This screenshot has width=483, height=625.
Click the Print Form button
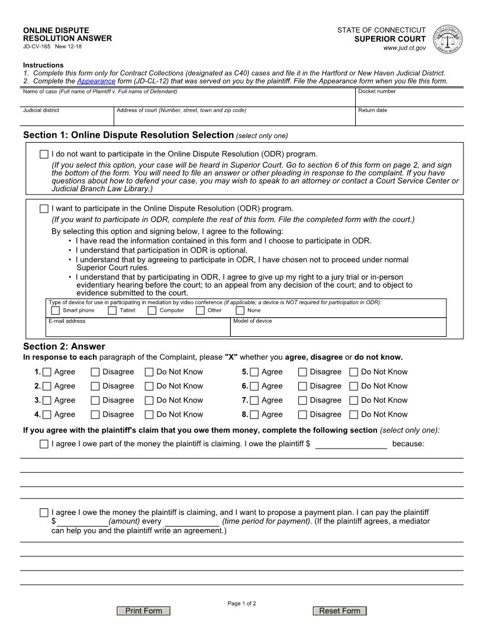[144, 611]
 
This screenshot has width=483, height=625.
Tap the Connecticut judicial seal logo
[448, 40]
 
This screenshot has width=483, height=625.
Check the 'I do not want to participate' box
[44, 154]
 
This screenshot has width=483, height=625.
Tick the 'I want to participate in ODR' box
[44, 208]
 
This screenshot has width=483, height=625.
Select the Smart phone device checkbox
[55, 310]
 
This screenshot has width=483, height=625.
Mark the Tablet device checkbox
[112, 310]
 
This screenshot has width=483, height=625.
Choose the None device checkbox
[240, 310]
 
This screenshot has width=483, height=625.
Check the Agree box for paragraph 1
[47, 372]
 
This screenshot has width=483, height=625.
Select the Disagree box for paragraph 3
[95, 401]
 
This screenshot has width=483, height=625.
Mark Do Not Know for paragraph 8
[353, 415]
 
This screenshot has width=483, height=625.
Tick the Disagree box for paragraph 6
[302, 386]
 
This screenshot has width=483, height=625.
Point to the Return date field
[408, 118]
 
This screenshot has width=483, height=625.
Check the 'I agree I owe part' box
[44, 444]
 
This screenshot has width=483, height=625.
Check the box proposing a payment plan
[44, 513]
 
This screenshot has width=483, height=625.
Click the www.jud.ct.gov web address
[404, 48]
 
